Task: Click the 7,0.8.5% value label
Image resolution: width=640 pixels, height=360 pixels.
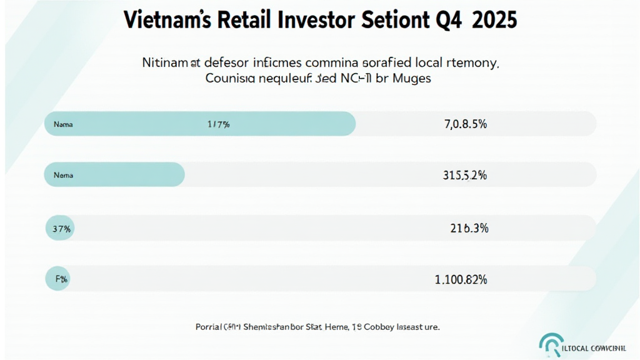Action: coord(466,124)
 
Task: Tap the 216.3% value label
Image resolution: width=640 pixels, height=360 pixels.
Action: coord(469,229)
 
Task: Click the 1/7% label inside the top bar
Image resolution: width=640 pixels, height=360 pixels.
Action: coord(218,124)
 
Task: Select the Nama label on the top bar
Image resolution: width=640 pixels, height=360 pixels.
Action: coord(63,124)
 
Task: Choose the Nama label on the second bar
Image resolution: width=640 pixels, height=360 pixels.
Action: coord(63,176)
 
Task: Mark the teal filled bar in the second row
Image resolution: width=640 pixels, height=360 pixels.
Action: coord(114,175)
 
